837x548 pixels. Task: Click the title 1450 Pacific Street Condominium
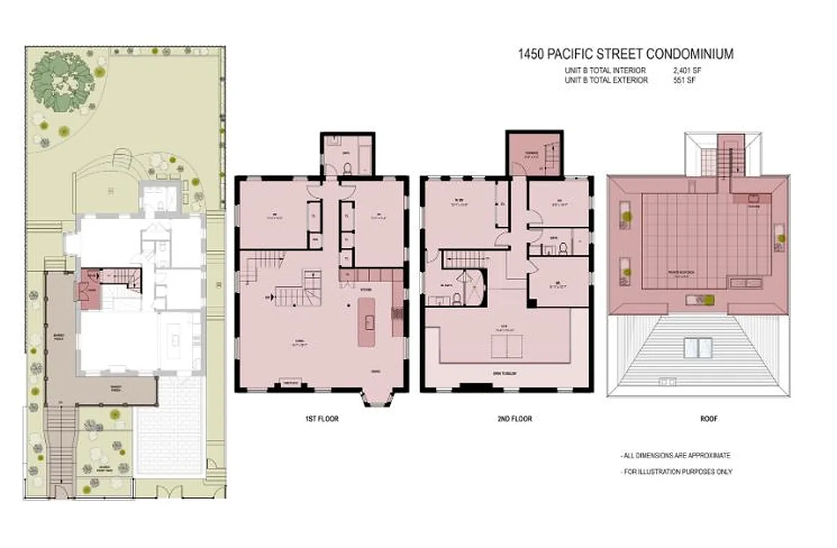point(624,54)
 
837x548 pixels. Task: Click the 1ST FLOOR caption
point(322,419)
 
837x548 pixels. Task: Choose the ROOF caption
point(708,419)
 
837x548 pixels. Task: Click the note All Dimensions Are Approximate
point(675,456)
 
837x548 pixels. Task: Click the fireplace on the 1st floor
point(289,385)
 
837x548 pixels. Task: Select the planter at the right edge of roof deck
point(780,236)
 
